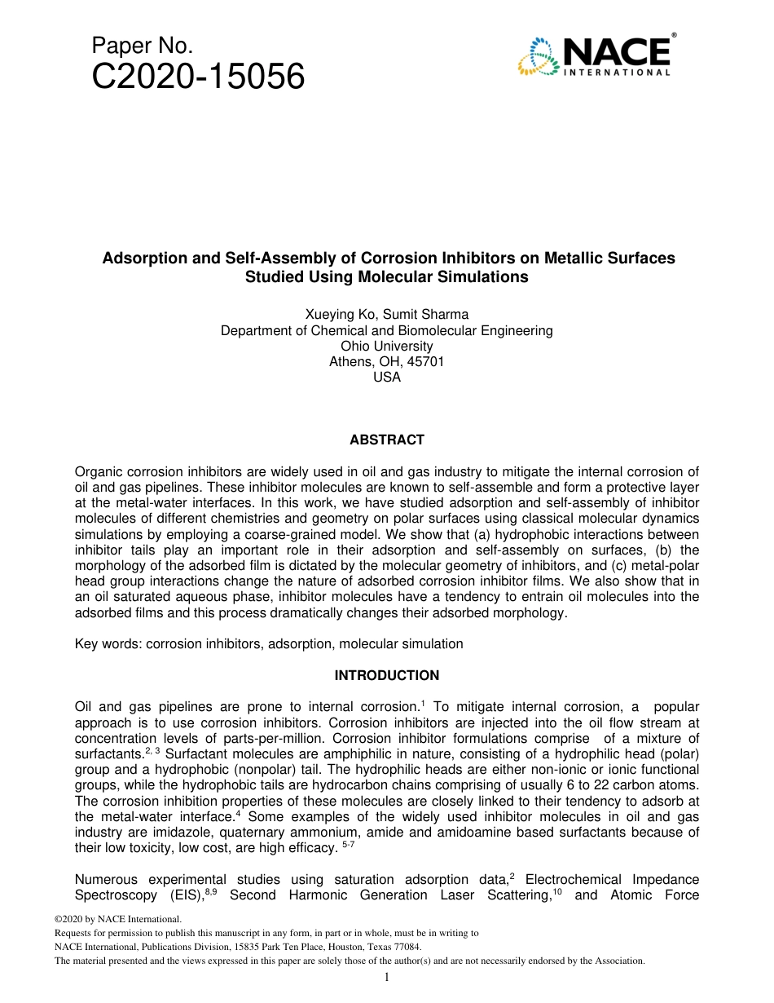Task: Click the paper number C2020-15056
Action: [x=199, y=77]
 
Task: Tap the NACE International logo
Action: [x=596, y=56]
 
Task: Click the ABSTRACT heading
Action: [x=387, y=440]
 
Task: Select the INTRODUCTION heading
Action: [x=387, y=676]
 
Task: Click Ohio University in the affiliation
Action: [x=387, y=347]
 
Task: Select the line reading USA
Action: [x=387, y=378]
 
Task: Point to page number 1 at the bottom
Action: [x=387, y=978]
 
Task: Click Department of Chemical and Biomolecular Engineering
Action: [x=387, y=331]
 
